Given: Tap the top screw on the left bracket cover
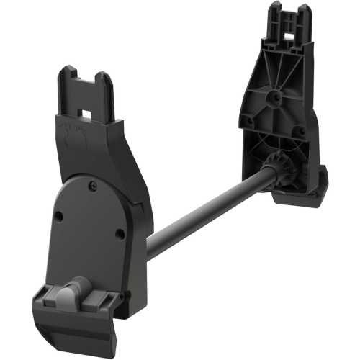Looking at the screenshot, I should coord(92,186).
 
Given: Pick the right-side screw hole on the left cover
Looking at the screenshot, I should coord(120,233).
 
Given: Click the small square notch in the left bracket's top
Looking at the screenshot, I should coord(85,114).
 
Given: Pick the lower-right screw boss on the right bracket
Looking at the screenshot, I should coord(297,132).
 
